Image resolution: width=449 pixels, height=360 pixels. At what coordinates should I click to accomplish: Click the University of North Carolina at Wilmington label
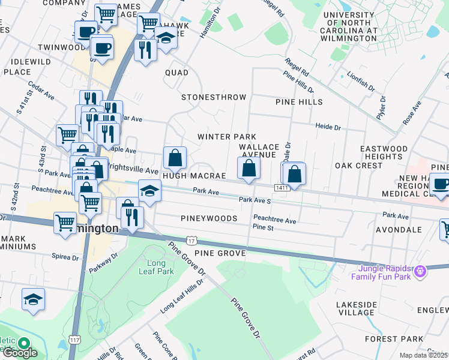click(x=357, y=26)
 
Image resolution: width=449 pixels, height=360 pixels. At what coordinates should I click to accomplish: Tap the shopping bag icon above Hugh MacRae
click(x=175, y=159)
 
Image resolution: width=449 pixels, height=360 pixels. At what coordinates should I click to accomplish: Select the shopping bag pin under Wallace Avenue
click(x=249, y=169)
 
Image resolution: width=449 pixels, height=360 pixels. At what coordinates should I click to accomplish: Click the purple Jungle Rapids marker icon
click(x=420, y=271)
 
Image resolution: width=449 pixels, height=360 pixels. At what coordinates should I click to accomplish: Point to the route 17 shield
click(x=191, y=240)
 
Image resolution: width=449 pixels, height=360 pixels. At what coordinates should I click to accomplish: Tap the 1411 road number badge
click(x=283, y=188)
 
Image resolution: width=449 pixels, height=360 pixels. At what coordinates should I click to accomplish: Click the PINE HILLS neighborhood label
click(x=299, y=102)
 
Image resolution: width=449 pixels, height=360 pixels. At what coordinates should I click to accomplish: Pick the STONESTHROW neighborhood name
click(x=214, y=97)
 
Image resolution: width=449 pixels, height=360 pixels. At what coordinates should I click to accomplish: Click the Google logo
click(x=20, y=353)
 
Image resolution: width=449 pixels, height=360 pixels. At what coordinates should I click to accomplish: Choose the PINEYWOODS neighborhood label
click(x=208, y=218)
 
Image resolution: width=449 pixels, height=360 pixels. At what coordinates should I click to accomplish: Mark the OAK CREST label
click(x=358, y=166)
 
